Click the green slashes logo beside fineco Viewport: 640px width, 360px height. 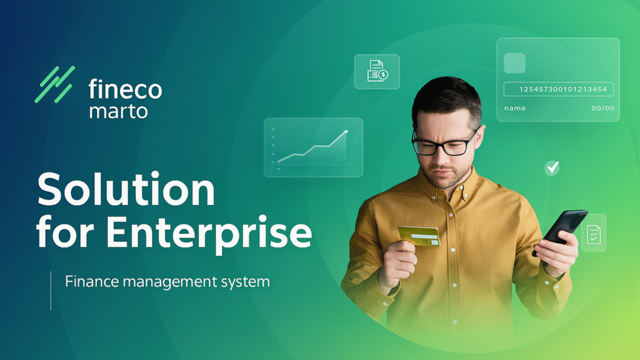(54, 84)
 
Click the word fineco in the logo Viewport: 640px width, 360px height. (125, 89)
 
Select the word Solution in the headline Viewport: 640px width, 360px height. (126, 189)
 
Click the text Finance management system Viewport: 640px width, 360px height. (167, 281)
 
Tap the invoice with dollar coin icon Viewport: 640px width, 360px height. (377, 71)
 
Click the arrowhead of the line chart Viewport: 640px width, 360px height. (346, 131)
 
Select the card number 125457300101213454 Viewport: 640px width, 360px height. (563, 90)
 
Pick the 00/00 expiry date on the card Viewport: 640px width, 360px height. (602, 108)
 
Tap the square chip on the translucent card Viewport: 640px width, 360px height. (514, 62)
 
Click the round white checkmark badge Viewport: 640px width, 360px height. (552, 167)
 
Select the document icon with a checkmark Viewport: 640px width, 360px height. (593, 233)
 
